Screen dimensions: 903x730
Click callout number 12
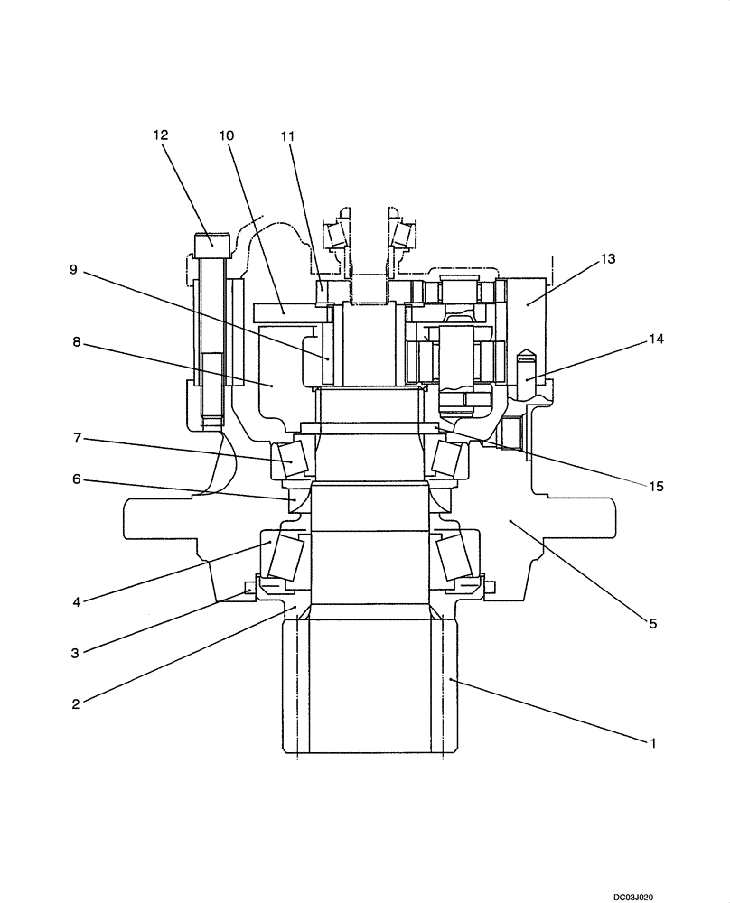[x=160, y=135]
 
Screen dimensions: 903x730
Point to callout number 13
[x=607, y=258]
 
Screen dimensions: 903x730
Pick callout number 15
[x=655, y=486]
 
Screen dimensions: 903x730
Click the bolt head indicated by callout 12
[x=211, y=240]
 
